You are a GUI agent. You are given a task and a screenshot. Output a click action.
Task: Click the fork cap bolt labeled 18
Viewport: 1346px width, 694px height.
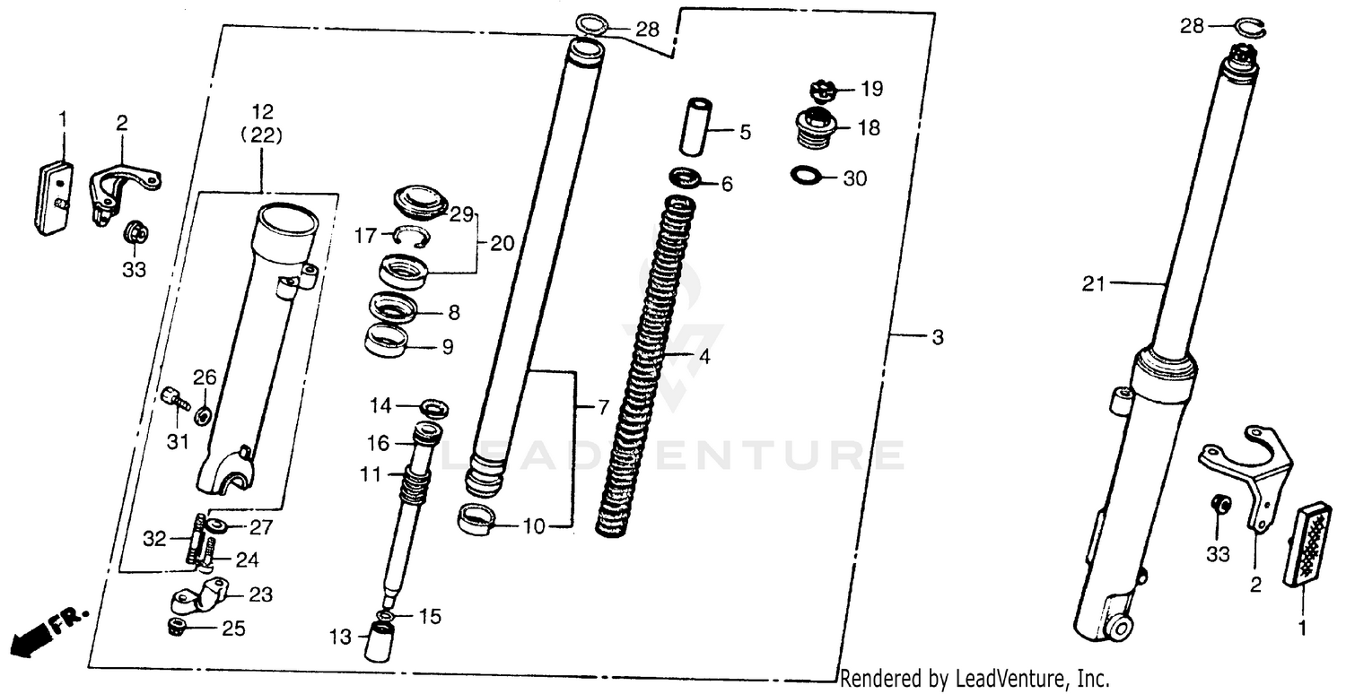817,127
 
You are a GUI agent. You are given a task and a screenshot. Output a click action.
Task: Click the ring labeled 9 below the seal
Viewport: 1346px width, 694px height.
386,341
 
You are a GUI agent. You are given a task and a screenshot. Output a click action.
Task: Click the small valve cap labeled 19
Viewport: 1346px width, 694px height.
822,91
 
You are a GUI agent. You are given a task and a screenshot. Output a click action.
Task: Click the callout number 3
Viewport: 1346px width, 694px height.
938,337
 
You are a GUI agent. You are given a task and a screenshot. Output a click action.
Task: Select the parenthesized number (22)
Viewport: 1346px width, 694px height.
262,136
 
